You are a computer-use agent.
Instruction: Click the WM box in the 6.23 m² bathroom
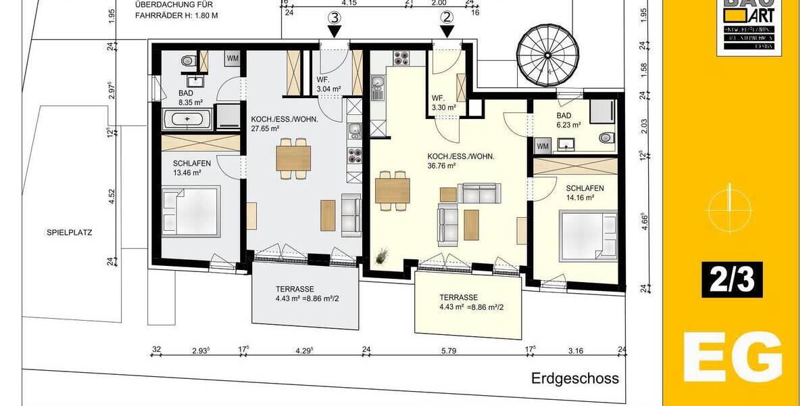coord(543,145)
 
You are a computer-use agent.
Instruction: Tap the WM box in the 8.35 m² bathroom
coord(232,58)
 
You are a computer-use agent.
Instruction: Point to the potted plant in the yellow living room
coord(383,255)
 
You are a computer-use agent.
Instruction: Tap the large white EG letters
coord(733,357)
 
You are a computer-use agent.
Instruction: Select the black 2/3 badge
coord(732,279)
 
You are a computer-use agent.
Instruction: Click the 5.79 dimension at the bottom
coord(449,351)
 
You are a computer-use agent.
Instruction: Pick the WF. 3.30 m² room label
coord(443,102)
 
